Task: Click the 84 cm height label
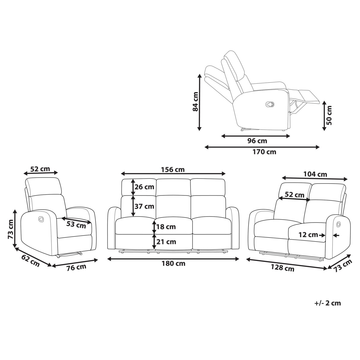[x=195, y=102]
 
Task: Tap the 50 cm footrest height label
[x=329, y=115]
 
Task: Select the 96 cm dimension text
[x=257, y=141]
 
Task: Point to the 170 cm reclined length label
[x=264, y=152]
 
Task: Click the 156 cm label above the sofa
[x=173, y=169]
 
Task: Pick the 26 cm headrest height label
[x=144, y=187]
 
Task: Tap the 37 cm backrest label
[x=144, y=206]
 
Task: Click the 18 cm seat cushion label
[x=166, y=227]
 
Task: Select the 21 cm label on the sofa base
[x=166, y=242]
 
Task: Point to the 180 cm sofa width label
[x=173, y=264]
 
